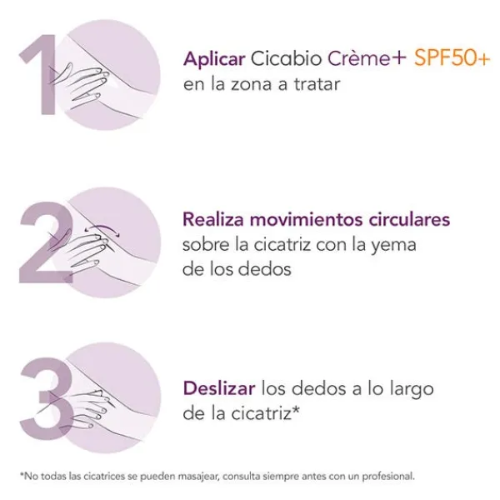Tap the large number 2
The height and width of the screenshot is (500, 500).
[46, 242]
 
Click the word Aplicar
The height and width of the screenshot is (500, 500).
[214, 60]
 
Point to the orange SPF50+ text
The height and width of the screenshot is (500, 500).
[452, 58]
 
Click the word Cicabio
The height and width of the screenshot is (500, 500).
[286, 58]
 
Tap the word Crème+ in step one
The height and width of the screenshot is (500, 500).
[367, 58]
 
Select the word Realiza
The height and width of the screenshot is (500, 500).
[213, 219]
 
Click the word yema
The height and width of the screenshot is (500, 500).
[393, 246]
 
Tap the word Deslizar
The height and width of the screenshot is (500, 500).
[219, 388]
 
